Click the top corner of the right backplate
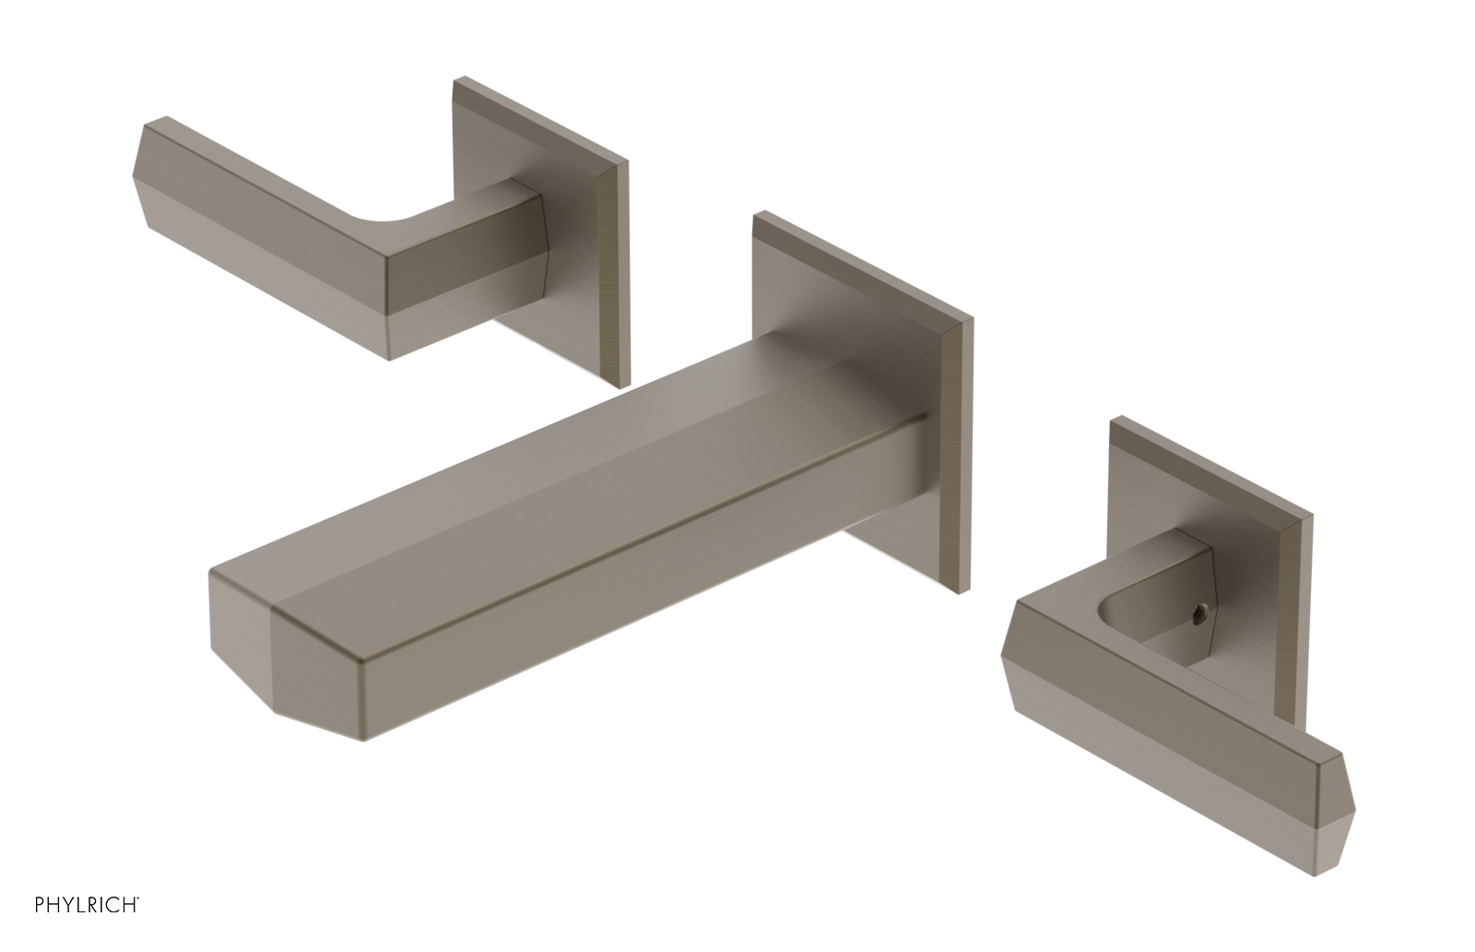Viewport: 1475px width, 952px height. click(x=1115, y=422)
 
